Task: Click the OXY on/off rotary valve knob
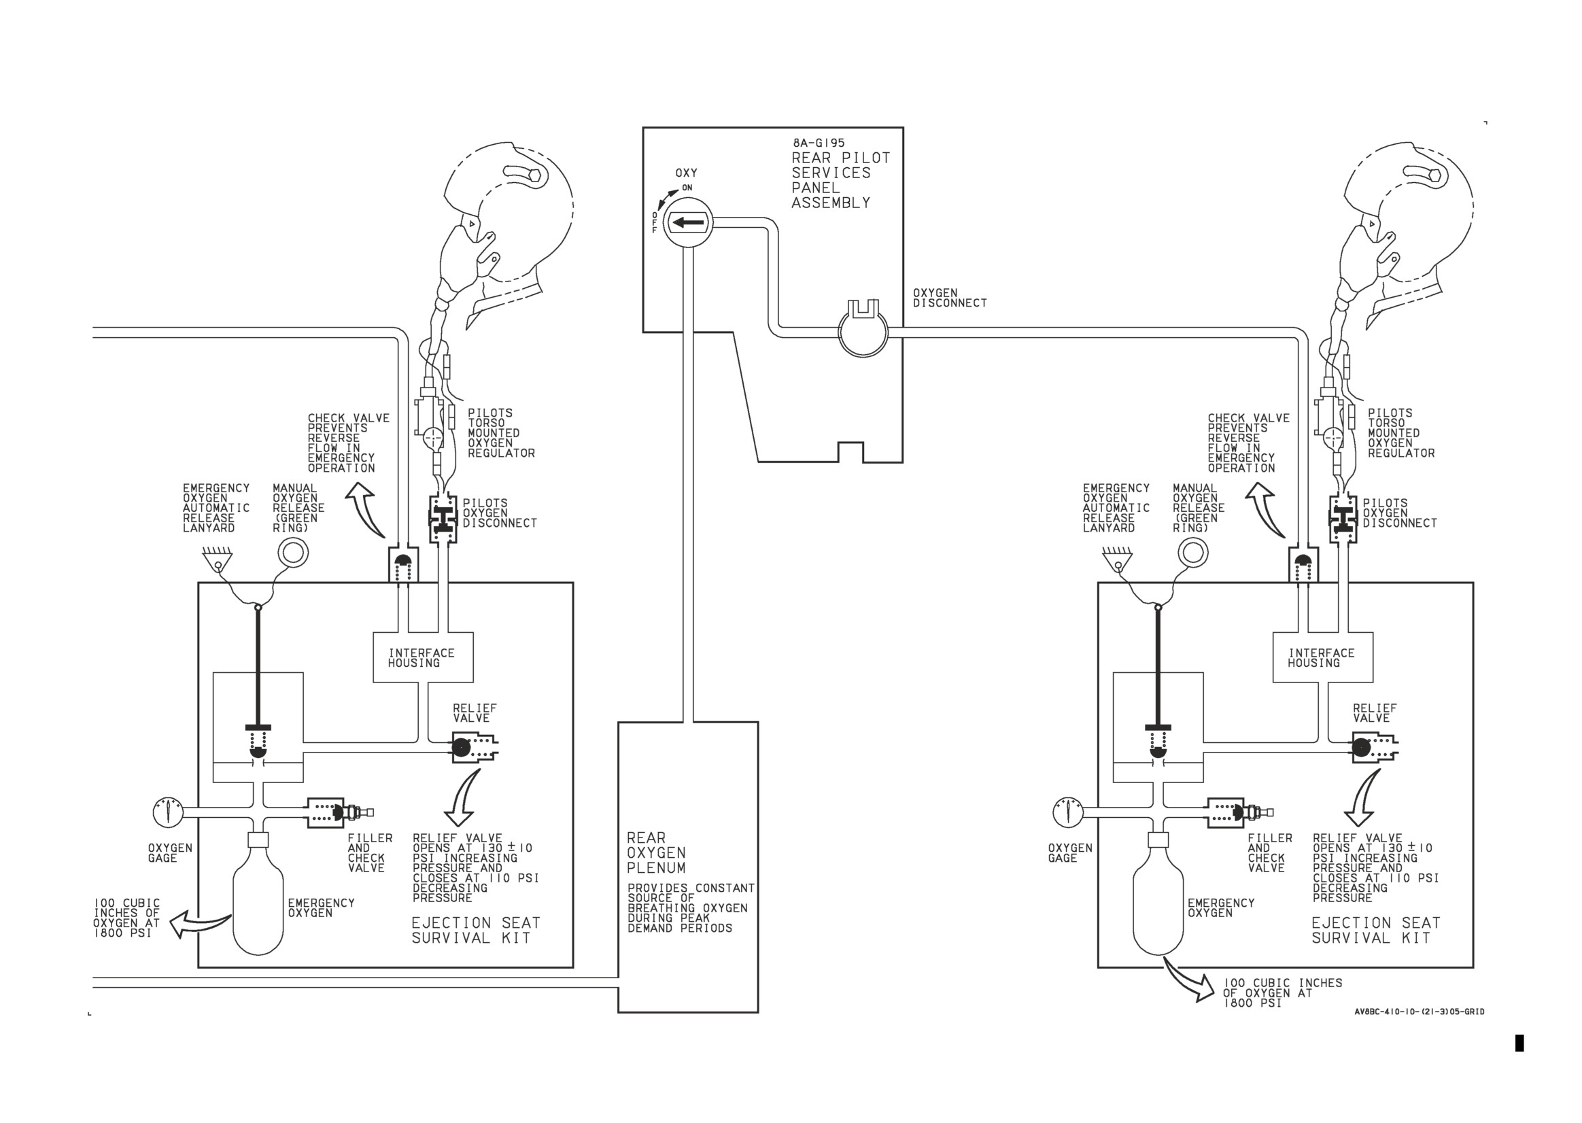687,223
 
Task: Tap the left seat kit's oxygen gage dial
168,812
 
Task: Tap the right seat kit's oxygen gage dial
1068,812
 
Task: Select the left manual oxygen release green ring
292,553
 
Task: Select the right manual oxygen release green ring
1192,553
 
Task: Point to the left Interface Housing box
423,657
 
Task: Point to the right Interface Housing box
1323,657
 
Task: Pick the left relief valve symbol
475,748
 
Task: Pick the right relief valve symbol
1375,748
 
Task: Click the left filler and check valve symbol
339,812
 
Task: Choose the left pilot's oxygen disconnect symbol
443,519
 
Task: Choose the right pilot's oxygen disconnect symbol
1343,519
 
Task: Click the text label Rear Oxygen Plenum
656,853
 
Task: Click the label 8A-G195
819,143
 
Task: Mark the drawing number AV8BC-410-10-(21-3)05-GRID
1419,1012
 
